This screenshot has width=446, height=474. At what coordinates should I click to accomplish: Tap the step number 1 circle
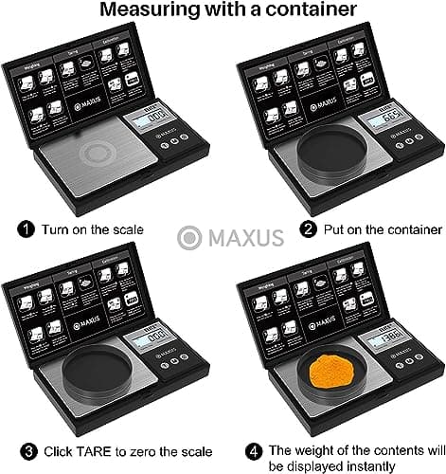point(26,229)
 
